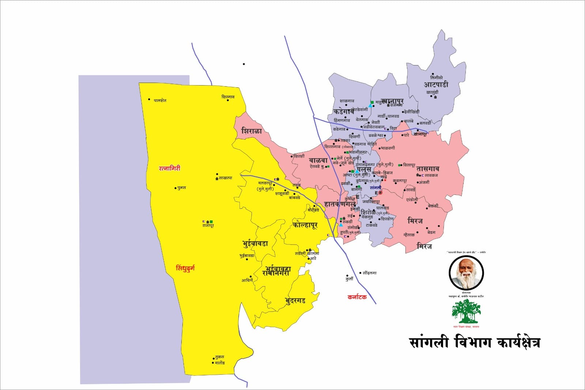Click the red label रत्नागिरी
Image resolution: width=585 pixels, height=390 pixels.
pos(169,169)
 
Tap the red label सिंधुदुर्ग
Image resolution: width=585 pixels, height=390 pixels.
pos(185,268)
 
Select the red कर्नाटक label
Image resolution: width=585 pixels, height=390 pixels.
pos(357,297)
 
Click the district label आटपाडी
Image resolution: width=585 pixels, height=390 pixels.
pos(436,85)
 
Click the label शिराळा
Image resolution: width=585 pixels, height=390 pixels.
pos(252,131)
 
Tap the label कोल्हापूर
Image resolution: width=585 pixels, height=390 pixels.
pos(305,225)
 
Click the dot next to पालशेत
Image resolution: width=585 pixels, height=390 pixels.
pos(149,99)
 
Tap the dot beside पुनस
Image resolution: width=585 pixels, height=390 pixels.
pos(175,188)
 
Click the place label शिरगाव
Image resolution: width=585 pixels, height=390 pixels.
pos(228,97)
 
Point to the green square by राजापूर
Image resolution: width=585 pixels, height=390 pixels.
pos(211,221)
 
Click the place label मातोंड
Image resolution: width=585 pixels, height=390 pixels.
pos(220,363)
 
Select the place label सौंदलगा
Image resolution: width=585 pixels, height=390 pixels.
pos(370,273)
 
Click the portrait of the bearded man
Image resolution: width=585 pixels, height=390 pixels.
pos(466,273)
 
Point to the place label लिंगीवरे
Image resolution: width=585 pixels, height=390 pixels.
pos(437,77)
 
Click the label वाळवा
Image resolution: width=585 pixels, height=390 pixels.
pos(318,160)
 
